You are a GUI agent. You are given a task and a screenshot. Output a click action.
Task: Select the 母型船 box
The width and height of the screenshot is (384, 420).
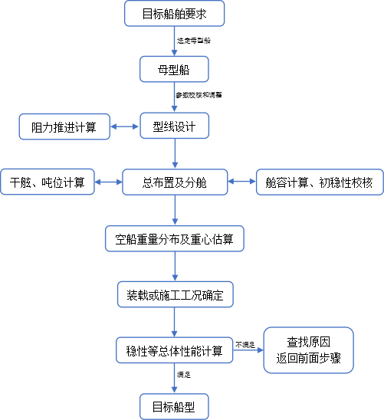pyautogui.click(x=174, y=69)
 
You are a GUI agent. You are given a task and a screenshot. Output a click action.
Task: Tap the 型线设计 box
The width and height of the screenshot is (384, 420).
pyautogui.click(x=174, y=126)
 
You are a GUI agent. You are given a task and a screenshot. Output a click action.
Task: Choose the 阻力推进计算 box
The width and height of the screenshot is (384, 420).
pyautogui.click(x=64, y=126)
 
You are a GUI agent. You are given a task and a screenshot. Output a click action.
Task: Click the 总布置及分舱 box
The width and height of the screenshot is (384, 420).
pyautogui.click(x=174, y=182)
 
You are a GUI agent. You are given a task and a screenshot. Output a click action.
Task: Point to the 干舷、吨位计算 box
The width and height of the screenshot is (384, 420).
pyautogui.click(x=48, y=182)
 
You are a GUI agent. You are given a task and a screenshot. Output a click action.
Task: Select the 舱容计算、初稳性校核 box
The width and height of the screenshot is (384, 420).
pyautogui.click(x=319, y=182)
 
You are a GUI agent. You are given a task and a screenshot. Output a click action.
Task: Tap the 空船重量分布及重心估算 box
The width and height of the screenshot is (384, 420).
pyautogui.click(x=174, y=238)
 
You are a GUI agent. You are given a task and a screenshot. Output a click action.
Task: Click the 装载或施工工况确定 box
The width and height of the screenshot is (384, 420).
pyautogui.click(x=174, y=294)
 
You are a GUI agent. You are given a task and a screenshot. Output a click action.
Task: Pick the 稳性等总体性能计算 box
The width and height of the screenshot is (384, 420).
pyautogui.click(x=174, y=350)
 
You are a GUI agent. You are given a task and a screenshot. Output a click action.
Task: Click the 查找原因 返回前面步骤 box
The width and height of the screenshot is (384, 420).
pyautogui.click(x=309, y=350)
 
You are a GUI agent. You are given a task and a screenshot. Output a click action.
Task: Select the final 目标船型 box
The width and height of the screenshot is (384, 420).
pyautogui.click(x=174, y=406)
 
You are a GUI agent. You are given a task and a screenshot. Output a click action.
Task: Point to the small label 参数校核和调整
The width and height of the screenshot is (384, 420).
pyautogui.click(x=199, y=95)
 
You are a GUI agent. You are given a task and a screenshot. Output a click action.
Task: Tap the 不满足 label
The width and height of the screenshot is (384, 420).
pyautogui.click(x=245, y=344)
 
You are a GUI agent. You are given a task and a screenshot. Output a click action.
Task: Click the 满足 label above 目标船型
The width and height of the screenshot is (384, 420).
pyautogui.click(x=184, y=375)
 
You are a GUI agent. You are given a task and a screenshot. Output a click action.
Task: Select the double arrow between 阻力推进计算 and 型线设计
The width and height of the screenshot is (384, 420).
pyautogui.click(x=125, y=126)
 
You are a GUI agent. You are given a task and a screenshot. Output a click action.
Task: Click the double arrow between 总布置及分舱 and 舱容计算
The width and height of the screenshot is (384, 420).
pyautogui.click(x=242, y=182)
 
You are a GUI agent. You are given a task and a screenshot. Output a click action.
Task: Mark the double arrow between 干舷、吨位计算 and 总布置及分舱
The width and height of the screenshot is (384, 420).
pyautogui.click(x=107, y=182)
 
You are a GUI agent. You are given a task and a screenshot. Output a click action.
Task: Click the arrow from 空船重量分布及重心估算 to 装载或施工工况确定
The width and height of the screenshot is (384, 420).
pyautogui.click(x=175, y=267)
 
